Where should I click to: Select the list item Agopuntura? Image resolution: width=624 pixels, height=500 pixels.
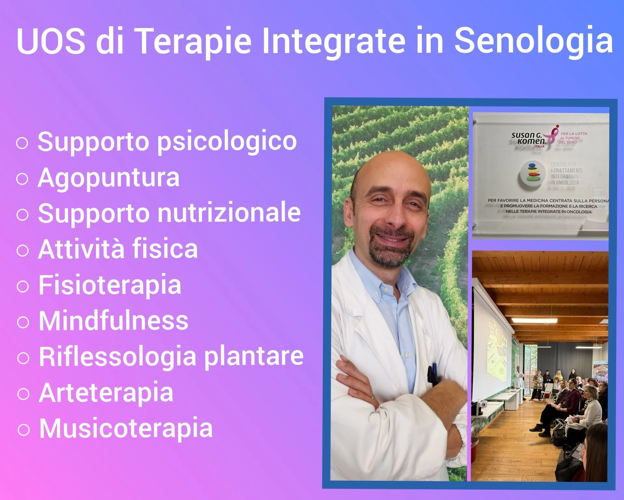109,178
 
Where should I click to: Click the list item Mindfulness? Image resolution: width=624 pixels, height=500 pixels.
113,321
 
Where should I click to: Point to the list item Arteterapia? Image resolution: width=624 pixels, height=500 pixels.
106,392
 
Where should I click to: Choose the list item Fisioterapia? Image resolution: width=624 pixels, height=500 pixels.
110,285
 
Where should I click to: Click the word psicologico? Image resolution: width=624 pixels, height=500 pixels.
227,142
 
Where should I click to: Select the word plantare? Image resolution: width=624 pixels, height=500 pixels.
254,356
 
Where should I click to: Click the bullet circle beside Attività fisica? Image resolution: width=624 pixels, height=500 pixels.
22,251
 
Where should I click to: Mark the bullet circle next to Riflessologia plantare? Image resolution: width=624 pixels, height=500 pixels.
23,358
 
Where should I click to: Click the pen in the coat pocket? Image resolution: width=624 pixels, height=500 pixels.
432,375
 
